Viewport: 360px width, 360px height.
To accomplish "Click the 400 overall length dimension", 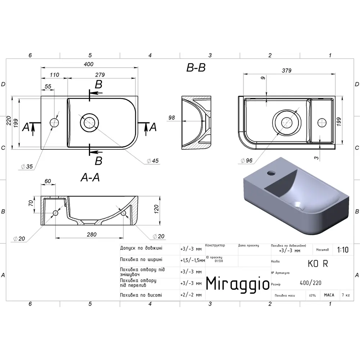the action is [89, 64].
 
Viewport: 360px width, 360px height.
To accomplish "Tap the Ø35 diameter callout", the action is [27, 166].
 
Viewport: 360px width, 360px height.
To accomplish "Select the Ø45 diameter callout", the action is [153, 161].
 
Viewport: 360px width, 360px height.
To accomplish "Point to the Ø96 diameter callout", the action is [246, 161].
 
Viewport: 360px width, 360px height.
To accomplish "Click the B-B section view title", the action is [196, 68].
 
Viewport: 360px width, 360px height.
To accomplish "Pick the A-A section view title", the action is [90, 177].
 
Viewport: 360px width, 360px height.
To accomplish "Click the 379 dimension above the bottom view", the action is [287, 71].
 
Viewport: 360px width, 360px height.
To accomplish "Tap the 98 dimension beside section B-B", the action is [171, 118].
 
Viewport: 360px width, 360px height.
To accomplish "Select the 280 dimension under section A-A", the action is [91, 234].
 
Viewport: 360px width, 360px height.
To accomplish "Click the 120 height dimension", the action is [156, 209].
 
